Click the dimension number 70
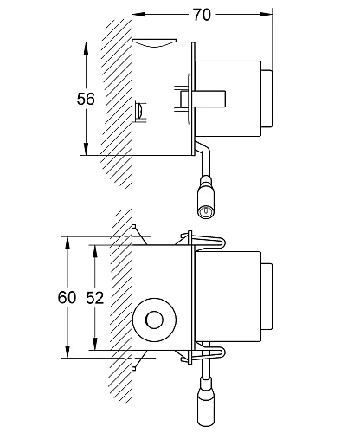(202, 15)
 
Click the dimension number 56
(86, 99)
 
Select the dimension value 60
(67, 297)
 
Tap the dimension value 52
(94, 298)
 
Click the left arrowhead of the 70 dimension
(138, 14)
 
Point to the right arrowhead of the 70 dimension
(266, 14)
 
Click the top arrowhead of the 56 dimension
(86, 48)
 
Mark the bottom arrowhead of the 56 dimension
(86, 149)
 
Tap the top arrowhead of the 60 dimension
(67, 242)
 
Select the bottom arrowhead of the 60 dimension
(67, 352)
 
